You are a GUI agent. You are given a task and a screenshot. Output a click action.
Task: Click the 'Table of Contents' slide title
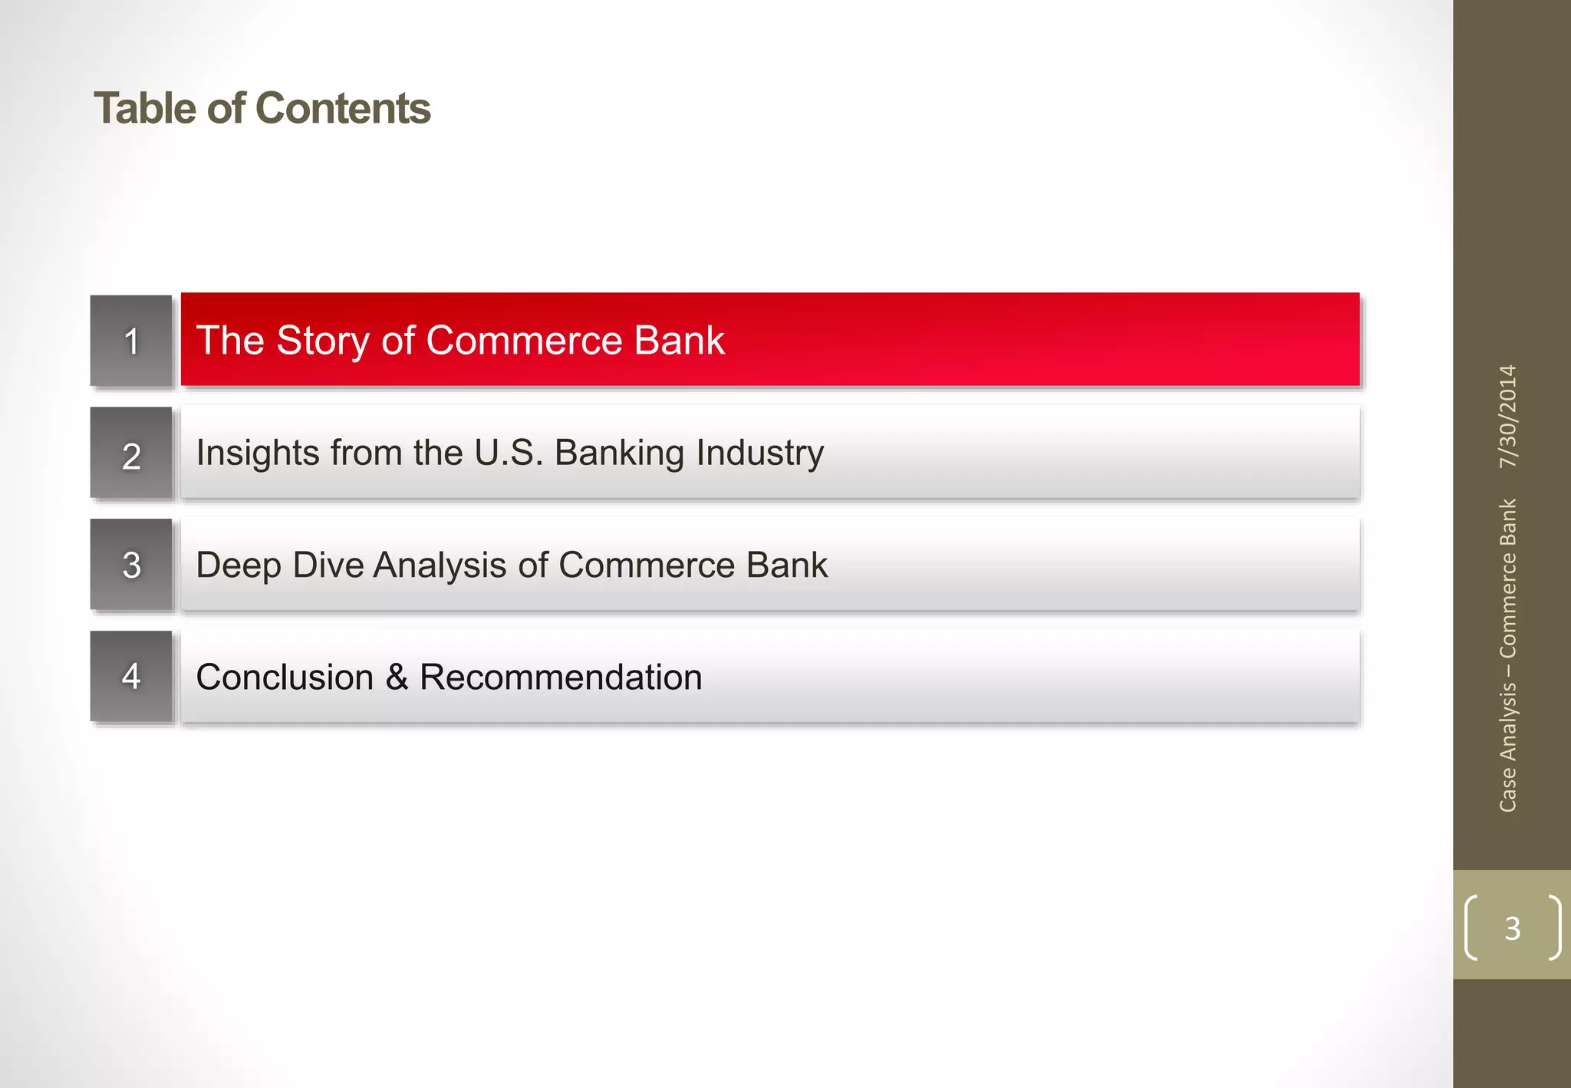[x=262, y=108]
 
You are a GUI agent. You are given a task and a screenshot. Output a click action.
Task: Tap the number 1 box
[x=131, y=341]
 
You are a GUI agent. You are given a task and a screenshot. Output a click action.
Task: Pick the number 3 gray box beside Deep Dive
[x=131, y=565]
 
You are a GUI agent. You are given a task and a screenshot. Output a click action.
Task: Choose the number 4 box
[x=131, y=677]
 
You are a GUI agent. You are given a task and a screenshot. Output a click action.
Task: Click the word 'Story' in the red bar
[x=322, y=341]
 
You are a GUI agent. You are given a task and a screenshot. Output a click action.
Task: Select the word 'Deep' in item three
[x=239, y=565]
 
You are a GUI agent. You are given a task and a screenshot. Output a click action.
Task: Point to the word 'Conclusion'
[x=285, y=678]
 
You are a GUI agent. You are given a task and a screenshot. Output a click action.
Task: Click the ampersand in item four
[x=397, y=678]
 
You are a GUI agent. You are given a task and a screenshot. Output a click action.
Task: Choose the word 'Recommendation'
[x=561, y=678]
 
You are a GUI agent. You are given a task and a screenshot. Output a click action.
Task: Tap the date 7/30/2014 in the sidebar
[x=1508, y=416]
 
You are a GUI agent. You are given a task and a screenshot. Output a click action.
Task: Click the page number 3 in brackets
[x=1512, y=928]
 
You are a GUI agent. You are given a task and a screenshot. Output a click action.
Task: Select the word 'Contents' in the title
[x=342, y=108]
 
